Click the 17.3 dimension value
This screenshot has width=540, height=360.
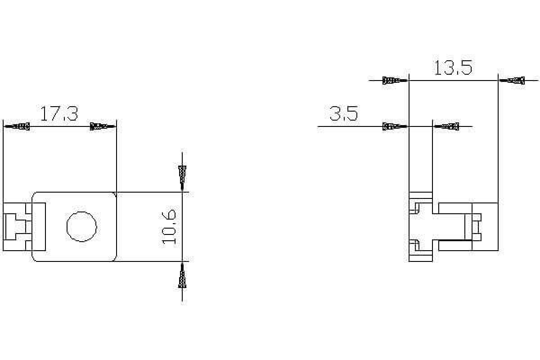coord(59,114)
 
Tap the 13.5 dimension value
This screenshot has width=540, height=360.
coord(453,68)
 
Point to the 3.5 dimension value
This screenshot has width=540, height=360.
coord(344,114)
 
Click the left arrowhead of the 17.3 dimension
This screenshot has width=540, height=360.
coord(18,126)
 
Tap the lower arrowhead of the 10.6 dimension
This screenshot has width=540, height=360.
coord(182,275)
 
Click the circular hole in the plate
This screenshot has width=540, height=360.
coord(81,226)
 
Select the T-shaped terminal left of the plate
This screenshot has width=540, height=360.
coord(16,227)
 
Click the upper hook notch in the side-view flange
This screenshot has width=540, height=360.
coord(415,207)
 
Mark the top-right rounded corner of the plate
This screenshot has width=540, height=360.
coord(114,194)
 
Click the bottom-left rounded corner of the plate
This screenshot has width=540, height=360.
coord(35,259)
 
